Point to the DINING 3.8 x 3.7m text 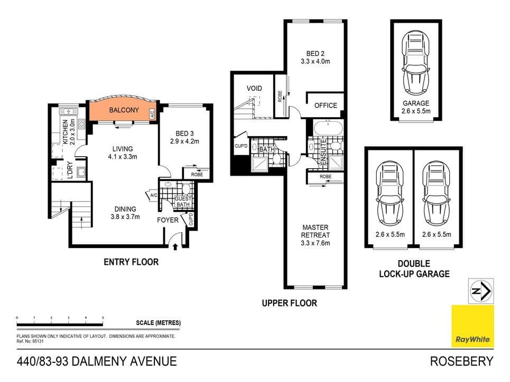click(125, 213)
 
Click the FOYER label click(168, 219)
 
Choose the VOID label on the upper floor click(254, 88)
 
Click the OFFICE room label click(326, 105)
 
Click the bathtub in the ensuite click(328, 128)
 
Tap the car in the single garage click(415, 62)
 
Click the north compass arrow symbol click(481, 291)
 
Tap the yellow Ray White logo click(472, 326)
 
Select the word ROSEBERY click(462, 361)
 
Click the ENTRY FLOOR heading click(131, 262)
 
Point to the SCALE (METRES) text click(158, 323)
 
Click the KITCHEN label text click(66, 132)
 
